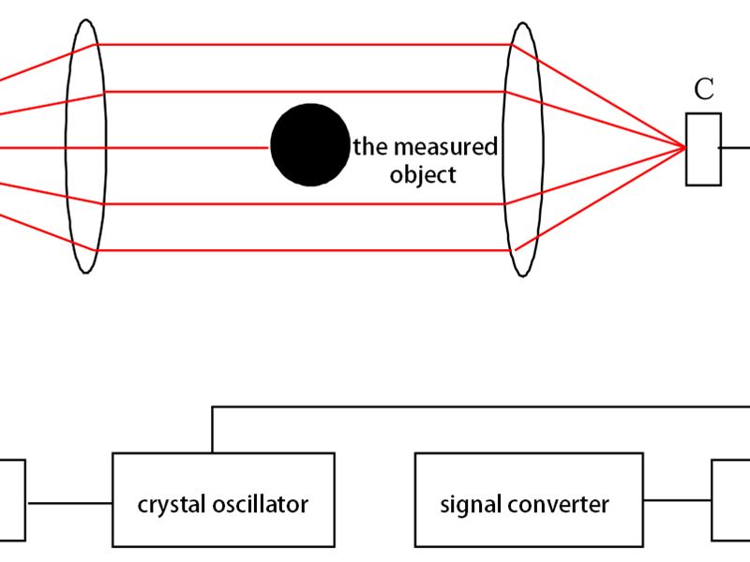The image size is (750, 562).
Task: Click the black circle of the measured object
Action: tap(308, 145)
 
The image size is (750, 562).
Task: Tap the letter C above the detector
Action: tap(704, 90)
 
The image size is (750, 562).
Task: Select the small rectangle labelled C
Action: tap(703, 149)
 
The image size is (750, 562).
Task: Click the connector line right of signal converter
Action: tap(677, 500)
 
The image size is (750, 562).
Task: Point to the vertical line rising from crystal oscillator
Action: tap(213, 431)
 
